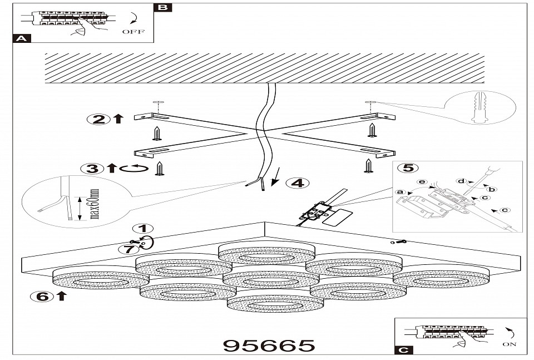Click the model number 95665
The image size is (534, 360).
pyautogui.click(x=269, y=346)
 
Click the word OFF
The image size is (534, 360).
pyautogui.click(x=133, y=32)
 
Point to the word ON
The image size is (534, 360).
pyautogui.click(x=509, y=344)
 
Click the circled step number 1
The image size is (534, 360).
pyautogui.click(x=144, y=229)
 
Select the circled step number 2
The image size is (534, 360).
pyautogui.click(x=98, y=119)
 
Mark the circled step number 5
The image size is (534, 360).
pyautogui.click(x=408, y=167)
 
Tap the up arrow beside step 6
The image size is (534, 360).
pyautogui.click(x=61, y=295)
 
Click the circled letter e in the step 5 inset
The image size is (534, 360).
pyautogui.click(x=422, y=182)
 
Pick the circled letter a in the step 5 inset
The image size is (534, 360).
pyautogui.click(x=398, y=193)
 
